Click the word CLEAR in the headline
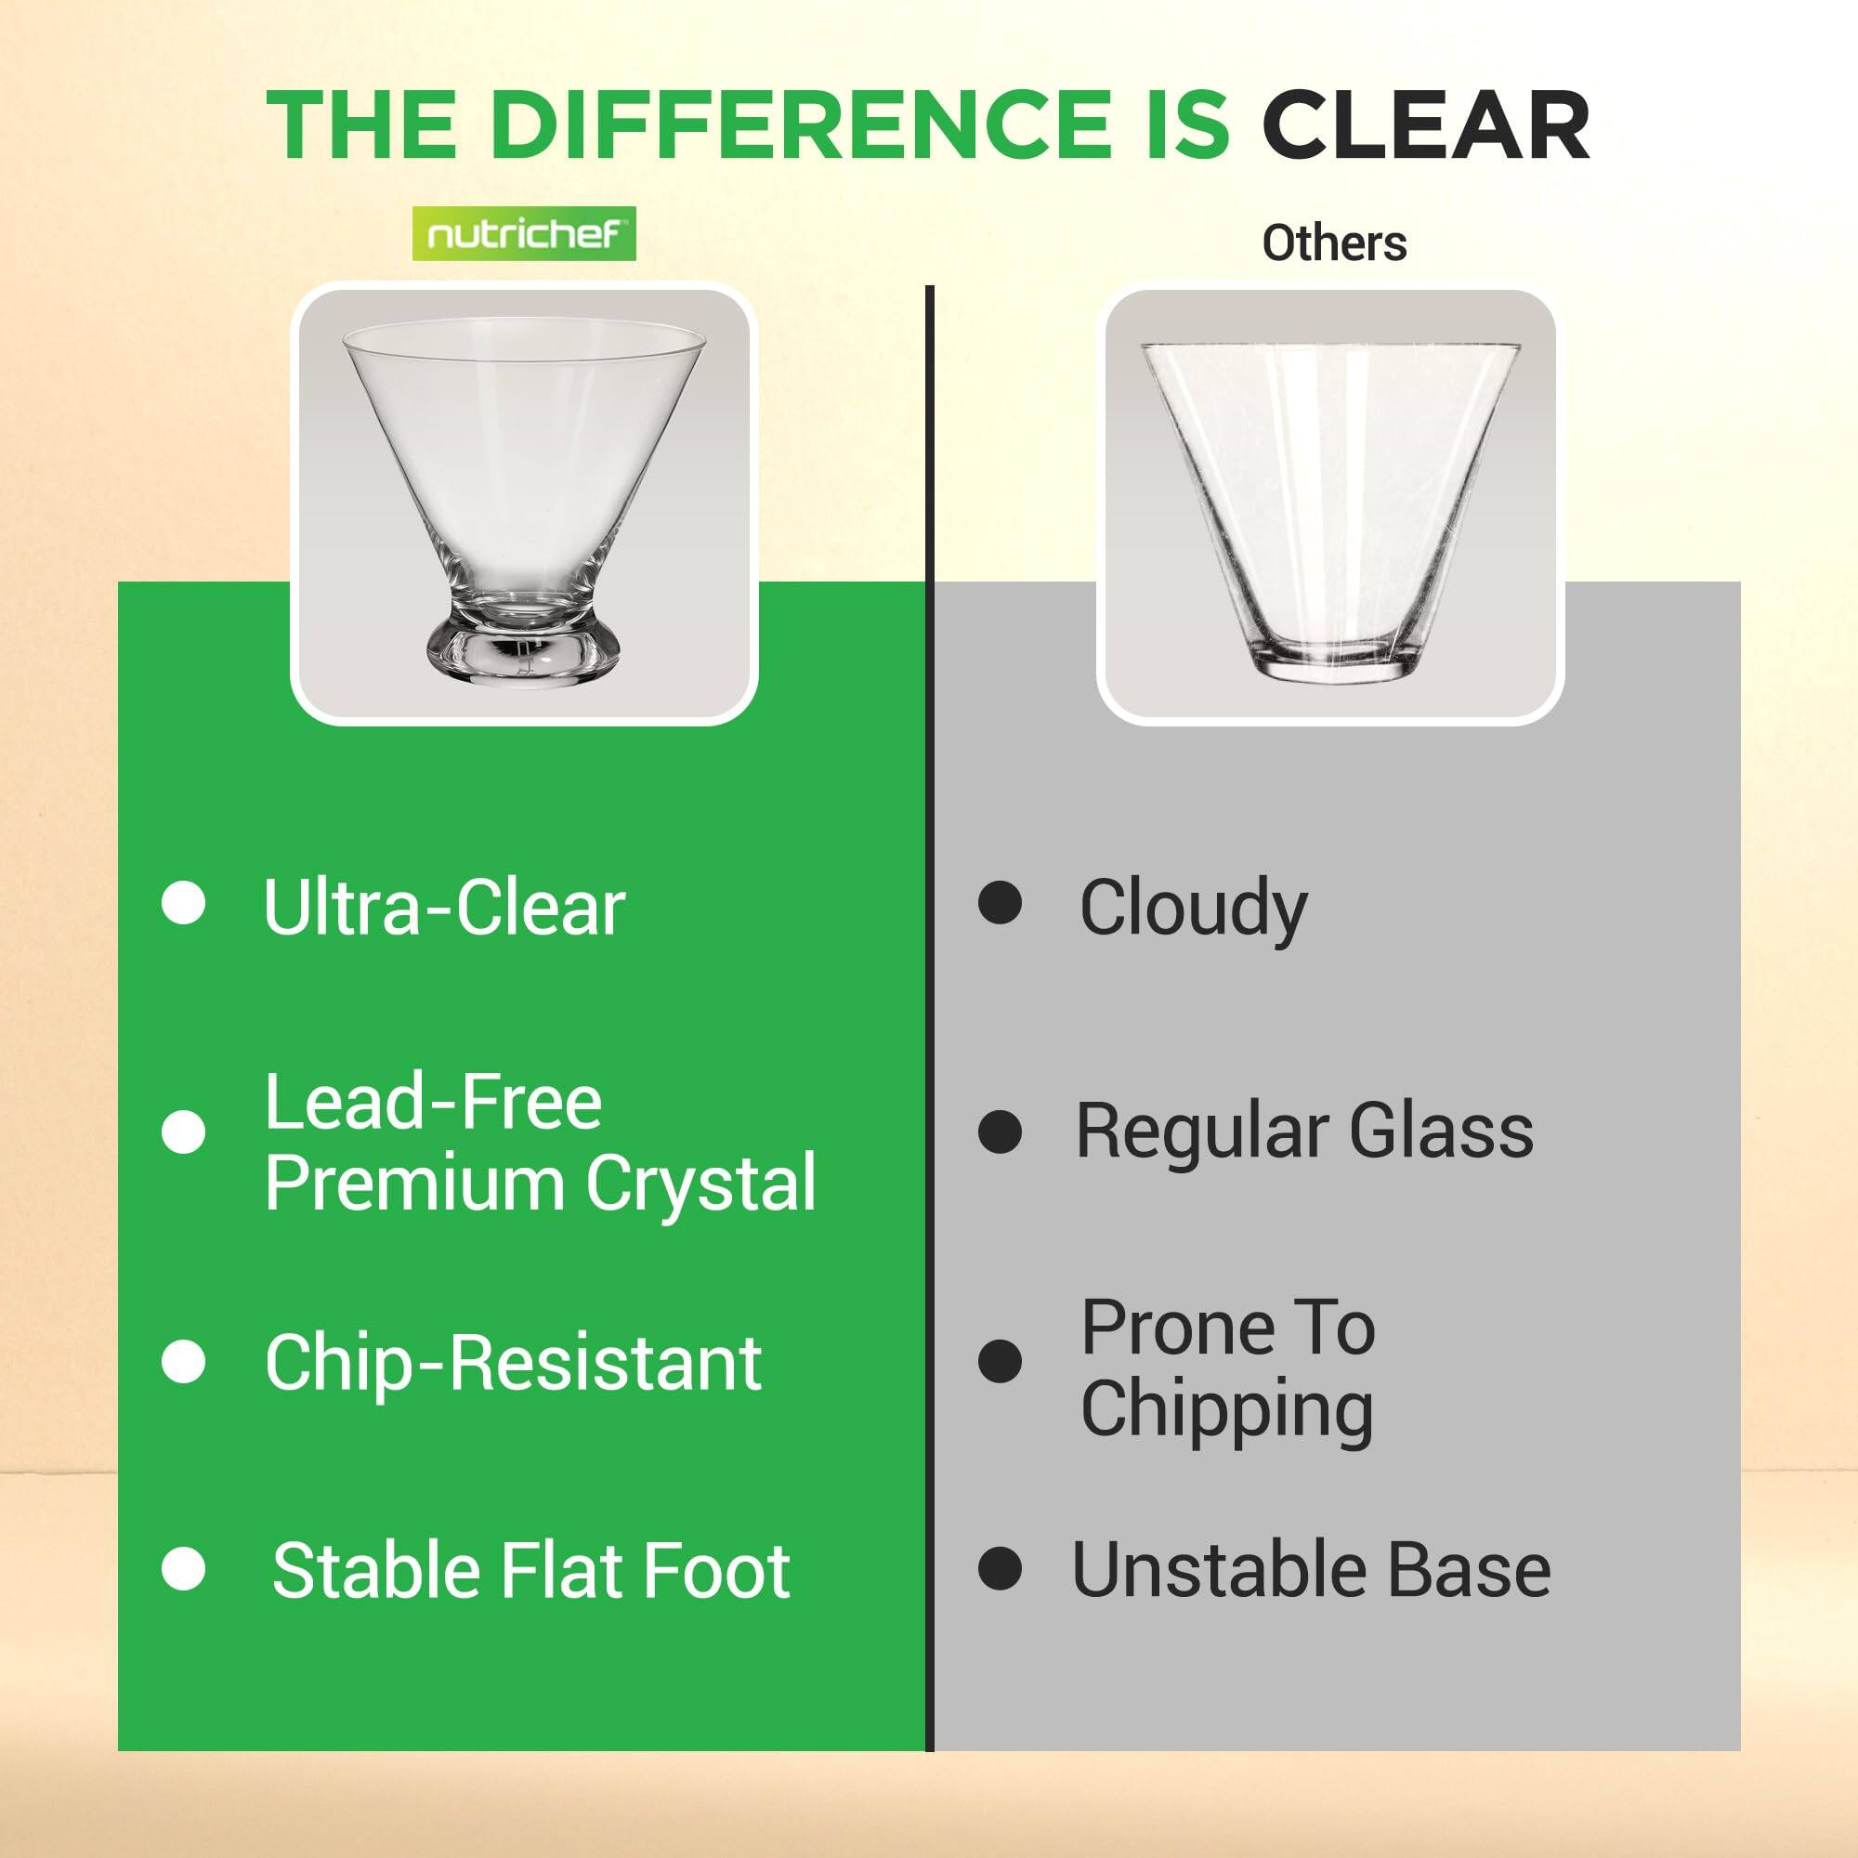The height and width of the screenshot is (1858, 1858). tap(1425, 126)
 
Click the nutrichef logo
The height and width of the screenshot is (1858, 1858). tap(524, 234)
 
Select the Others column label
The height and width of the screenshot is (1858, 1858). tap(1334, 243)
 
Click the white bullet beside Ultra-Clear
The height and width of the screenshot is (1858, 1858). tap(184, 903)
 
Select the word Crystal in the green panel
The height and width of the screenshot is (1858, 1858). tap(701, 1183)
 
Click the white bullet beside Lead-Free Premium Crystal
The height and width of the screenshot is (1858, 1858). tap(184, 1132)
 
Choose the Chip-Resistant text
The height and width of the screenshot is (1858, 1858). tap(514, 1363)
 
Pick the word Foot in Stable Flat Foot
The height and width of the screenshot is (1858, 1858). tap(716, 1570)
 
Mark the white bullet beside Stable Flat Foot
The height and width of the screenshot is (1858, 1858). tap(184, 1569)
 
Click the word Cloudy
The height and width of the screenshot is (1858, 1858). tap(1194, 909)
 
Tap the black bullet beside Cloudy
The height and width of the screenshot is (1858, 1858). tap(1001, 903)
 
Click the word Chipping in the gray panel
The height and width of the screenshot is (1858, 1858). tap(1227, 1411)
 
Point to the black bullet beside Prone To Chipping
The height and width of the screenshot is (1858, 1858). tap(1001, 1362)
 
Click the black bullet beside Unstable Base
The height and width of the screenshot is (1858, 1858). tap(1001, 1569)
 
